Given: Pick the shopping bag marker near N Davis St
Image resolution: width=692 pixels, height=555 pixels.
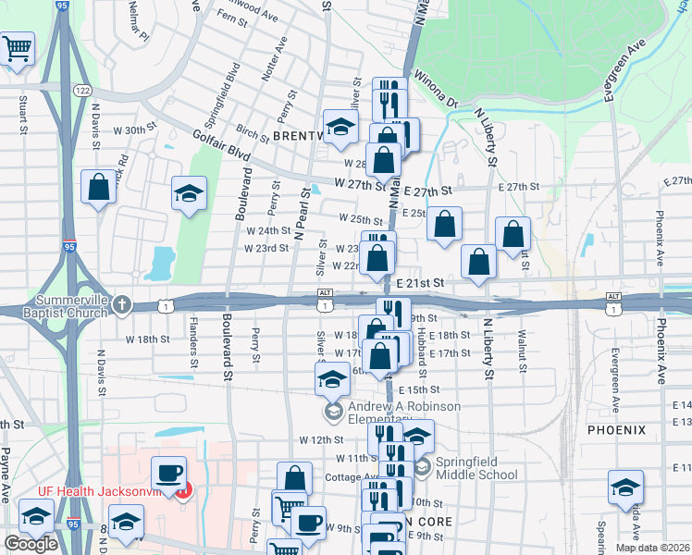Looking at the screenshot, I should (x=98, y=188).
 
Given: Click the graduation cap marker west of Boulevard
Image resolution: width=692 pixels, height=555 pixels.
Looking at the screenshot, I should (x=189, y=194).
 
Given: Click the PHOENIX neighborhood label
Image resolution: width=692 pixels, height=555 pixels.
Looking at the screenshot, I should (x=616, y=430).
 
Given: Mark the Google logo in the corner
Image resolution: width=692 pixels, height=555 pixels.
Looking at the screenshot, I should (x=31, y=544).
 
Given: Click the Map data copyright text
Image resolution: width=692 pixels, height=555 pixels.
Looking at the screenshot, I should (x=653, y=548).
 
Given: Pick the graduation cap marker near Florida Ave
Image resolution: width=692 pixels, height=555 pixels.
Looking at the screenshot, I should (x=624, y=487).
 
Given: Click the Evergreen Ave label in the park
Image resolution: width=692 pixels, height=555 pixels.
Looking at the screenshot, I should (x=626, y=69).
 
